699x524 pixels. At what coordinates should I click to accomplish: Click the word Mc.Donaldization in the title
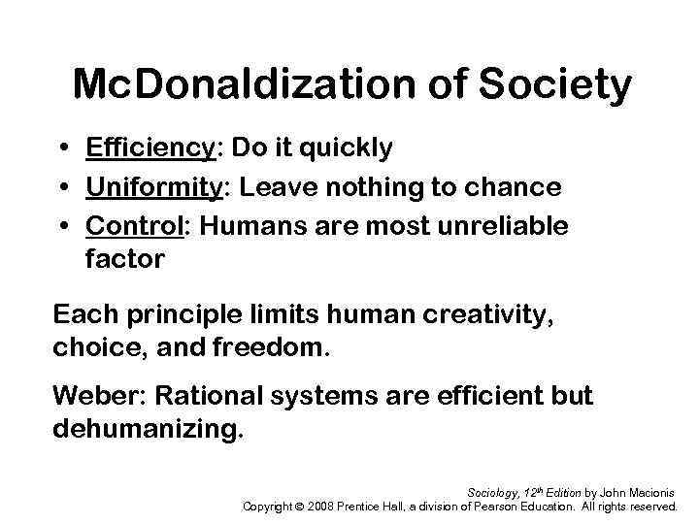pos(224,85)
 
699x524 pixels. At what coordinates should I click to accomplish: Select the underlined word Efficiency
pos(149,148)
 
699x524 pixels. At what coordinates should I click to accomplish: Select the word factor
pos(125,260)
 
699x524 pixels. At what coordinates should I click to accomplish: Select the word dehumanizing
pos(143,428)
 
